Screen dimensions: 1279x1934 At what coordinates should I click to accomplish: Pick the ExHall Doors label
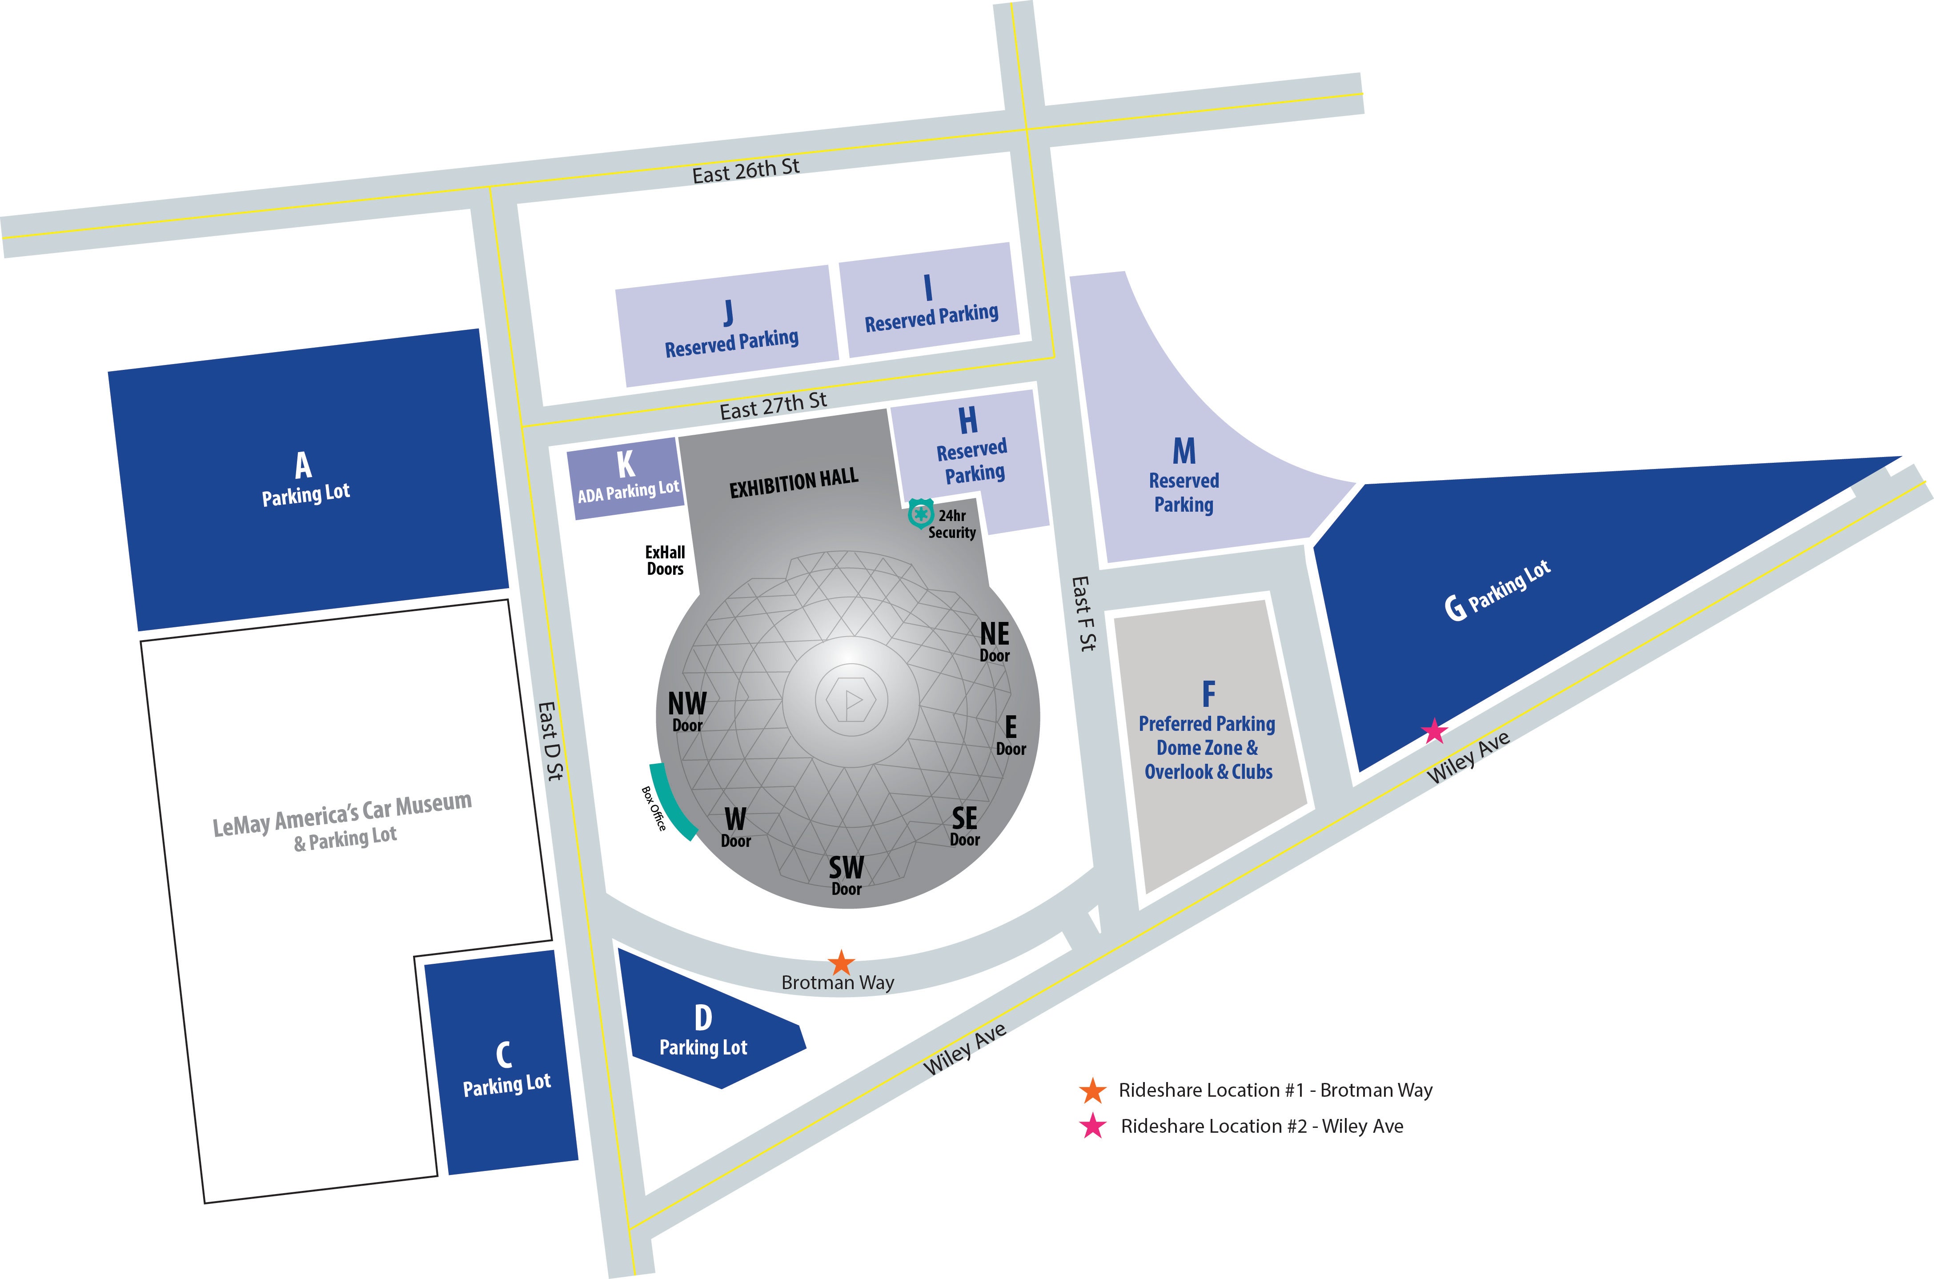[x=665, y=561]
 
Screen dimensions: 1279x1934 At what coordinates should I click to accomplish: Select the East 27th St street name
[x=772, y=405]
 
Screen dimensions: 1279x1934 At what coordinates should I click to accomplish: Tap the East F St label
[x=1083, y=613]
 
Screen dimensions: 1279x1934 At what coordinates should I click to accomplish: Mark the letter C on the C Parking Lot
[x=504, y=1054]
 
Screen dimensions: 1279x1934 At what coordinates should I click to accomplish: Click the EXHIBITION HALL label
[x=794, y=483]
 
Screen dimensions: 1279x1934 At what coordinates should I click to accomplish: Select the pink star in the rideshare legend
[x=1092, y=1127]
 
